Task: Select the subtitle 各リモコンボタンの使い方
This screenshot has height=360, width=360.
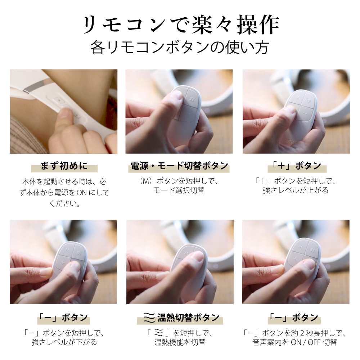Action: (180, 48)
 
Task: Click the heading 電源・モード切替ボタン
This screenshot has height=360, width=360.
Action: (179, 166)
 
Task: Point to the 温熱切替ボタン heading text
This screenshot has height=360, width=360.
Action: (188, 318)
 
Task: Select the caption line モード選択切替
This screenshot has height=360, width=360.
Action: (179, 190)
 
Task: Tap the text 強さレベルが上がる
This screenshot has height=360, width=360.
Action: (296, 190)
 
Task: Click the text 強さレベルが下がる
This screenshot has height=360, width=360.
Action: (64, 342)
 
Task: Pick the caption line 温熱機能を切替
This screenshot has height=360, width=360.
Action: (180, 342)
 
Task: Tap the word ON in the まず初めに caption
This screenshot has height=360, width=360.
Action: (82, 193)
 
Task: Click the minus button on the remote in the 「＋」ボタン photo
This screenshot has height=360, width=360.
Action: (305, 113)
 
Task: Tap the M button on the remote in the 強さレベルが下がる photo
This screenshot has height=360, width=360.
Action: (67, 249)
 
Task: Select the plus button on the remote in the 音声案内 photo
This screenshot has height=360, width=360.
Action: (296, 258)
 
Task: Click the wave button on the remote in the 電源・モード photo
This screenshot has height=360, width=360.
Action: (191, 98)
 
